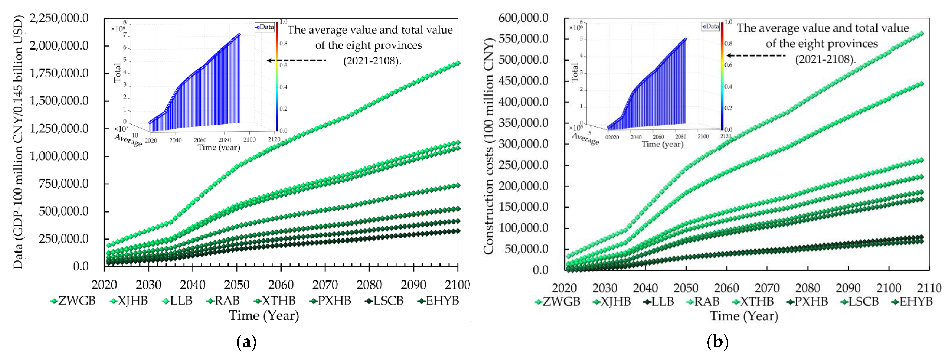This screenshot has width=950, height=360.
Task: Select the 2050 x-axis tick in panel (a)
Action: click(237, 285)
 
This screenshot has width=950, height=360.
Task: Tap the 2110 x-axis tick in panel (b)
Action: click(929, 288)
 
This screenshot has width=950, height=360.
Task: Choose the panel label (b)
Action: click(717, 342)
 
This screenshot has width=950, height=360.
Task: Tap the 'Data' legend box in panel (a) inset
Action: click(264, 27)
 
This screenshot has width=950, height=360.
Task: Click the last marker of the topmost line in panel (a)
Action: click(458, 63)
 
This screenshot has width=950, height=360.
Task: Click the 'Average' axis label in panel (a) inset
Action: click(128, 140)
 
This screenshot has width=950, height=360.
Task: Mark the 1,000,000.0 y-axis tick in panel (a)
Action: click(59, 156)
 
